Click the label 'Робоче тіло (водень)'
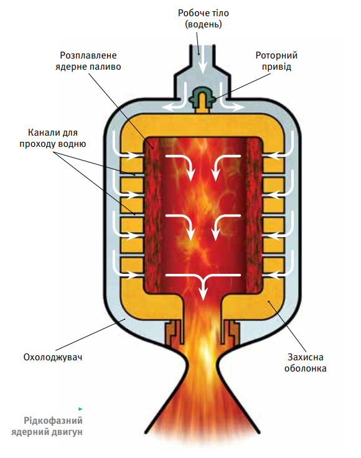(204, 19)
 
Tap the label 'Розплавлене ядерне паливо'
(88, 61)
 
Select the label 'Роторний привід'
(276, 61)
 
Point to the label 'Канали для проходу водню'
(53, 138)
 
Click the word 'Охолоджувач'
(53, 357)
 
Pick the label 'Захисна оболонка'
(306, 363)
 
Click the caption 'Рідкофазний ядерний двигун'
(47, 426)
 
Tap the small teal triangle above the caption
(80, 409)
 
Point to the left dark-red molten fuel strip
(152, 215)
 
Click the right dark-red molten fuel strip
(255, 215)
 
